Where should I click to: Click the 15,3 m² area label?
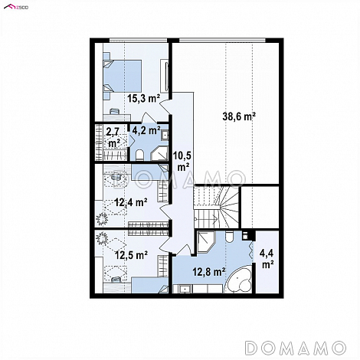tap(144, 98)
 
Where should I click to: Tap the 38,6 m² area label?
tap(239, 116)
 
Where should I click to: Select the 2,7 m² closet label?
tap(113, 138)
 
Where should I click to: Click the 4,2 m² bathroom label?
tap(146, 130)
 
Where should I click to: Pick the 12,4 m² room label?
tap(131, 202)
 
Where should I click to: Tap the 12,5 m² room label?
tap(131, 255)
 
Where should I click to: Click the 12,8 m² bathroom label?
tap(209, 272)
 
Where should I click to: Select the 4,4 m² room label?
tap(267, 259)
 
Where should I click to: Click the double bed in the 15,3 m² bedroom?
tap(123, 76)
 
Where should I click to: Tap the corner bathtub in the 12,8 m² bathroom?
tap(239, 280)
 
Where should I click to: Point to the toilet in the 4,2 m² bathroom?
tap(139, 155)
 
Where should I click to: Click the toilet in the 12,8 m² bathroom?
tap(229, 237)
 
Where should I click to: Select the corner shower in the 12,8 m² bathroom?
tap(206, 242)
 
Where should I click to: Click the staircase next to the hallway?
tap(216, 207)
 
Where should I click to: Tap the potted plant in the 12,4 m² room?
tap(102, 218)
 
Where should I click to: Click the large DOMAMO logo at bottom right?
tap(296, 348)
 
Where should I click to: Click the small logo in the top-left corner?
tap(16, 7)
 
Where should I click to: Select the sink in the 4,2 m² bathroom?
tap(165, 136)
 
